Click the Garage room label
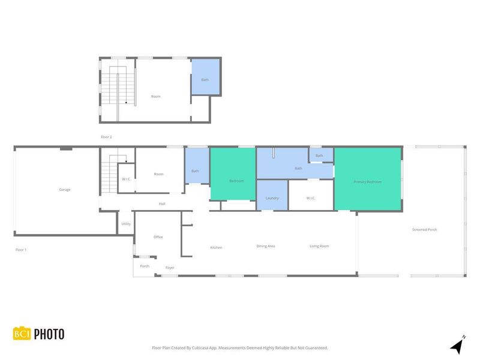(65, 190)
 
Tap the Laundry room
(272, 197)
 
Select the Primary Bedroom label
(367, 182)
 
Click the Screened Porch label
(424, 230)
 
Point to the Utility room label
(126, 224)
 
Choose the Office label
(158, 237)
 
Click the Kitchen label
(216, 247)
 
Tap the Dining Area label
(266, 246)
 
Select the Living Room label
(319, 246)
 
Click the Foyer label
(170, 268)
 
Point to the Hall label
(162, 204)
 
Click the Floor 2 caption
(106, 137)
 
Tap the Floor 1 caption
(21, 250)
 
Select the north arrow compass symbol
(457, 345)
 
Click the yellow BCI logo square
(22, 334)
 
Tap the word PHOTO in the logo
(49, 334)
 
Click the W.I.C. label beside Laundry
(311, 197)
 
